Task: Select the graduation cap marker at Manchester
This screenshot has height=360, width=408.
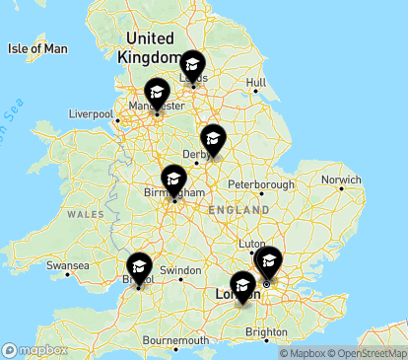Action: click(156, 94)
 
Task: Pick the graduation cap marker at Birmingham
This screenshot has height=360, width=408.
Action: click(173, 180)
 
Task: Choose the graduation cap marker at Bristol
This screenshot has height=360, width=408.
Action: click(139, 268)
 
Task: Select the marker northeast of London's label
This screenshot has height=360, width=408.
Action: click(267, 263)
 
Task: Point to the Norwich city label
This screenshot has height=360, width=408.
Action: click(343, 180)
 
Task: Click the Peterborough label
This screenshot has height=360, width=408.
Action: click(261, 184)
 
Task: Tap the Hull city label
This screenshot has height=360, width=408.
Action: click(256, 83)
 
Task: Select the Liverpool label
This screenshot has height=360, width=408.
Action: click(92, 114)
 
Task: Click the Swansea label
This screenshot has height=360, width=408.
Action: click(69, 266)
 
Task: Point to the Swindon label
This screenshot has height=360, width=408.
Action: click(180, 270)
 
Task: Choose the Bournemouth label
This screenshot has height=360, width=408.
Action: click(175, 340)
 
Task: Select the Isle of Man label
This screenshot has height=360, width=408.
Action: click(36, 48)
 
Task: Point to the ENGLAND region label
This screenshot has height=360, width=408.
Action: click(238, 210)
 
